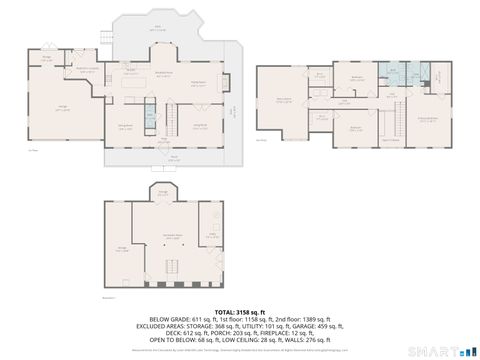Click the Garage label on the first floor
(x=62, y=108)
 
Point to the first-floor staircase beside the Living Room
(x=172, y=119)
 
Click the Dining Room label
(x=126, y=125)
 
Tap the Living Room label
(x=199, y=125)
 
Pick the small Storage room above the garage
(x=46, y=59)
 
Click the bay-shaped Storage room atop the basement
(x=163, y=192)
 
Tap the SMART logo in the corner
(x=439, y=349)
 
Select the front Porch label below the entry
(x=174, y=156)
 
